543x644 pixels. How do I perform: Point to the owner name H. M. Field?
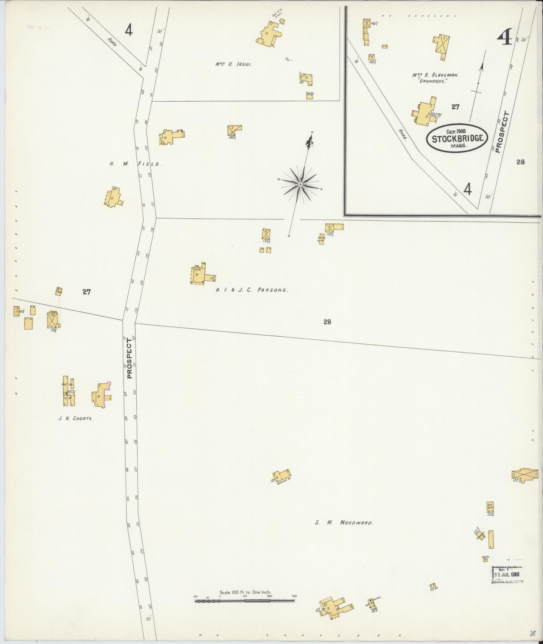pyautogui.click(x=136, y=164)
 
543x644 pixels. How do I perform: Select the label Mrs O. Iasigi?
pyautogui.click(x=234, y=64)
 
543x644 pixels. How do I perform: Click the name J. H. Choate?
pyautogui.click(x=76, y=419)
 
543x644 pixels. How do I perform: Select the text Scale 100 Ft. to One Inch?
pyautogui.click(x=245, y=592)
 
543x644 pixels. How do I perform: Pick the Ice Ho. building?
pyautogui.click(x=433, y=585)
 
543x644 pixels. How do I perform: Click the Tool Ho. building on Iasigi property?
pyautogui.click(x=310, y=96)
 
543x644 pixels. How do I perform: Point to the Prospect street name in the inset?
pyautogui.click(x=501, y=132)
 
